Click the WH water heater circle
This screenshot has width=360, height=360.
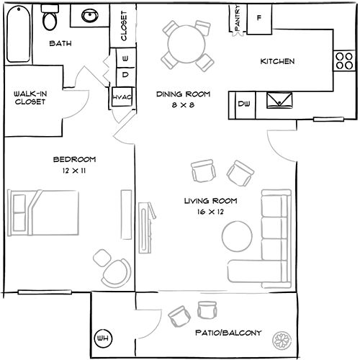pos(102,337)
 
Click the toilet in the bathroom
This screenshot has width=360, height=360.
pos(50,19)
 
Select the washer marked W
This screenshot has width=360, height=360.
pos(125,58)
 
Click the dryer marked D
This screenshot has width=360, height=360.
pos(125,74)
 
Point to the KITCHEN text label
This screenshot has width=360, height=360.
pos(276,62)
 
